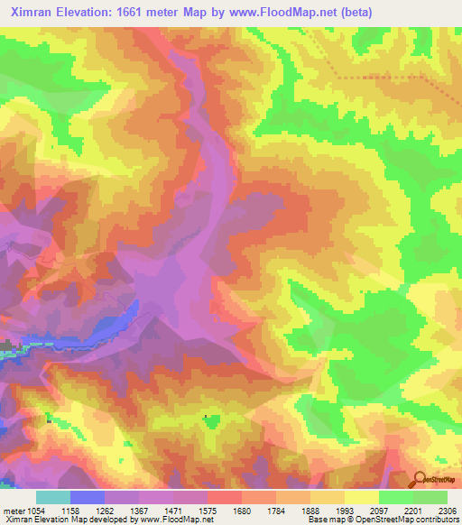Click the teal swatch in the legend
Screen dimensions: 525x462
[53, 497]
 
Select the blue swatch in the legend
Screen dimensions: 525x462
[88, 497]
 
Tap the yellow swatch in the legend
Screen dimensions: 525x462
[361, 497]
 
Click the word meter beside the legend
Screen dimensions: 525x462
[14, 511]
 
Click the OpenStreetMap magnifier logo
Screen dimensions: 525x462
[420, 478]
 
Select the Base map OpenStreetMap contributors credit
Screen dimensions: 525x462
[380, 520]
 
